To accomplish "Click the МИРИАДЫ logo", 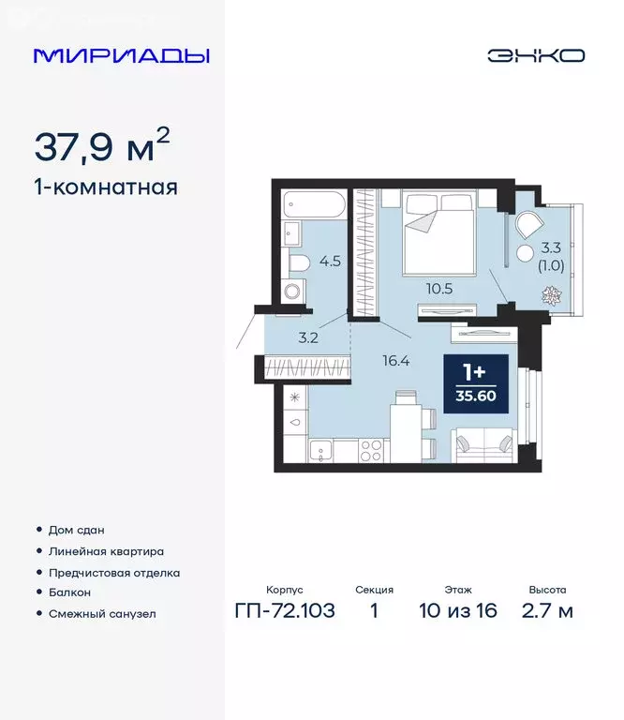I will pyautogui.click(x=121, y=55).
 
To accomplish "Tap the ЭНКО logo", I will pyautogui.click(x=535, y=55).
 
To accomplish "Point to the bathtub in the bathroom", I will pyautogui.click(x=314, y=203).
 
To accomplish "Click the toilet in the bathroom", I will pyautogui.click(x=299, y=262).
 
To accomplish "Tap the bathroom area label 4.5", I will pyautogui.click(x=329, y=262).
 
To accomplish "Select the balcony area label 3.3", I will pyautogui.click(x=553, y=247).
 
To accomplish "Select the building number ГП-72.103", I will pyautogui.click(x=285, y=612).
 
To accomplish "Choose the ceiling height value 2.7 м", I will pyautogui.click(x=546, y=612).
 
